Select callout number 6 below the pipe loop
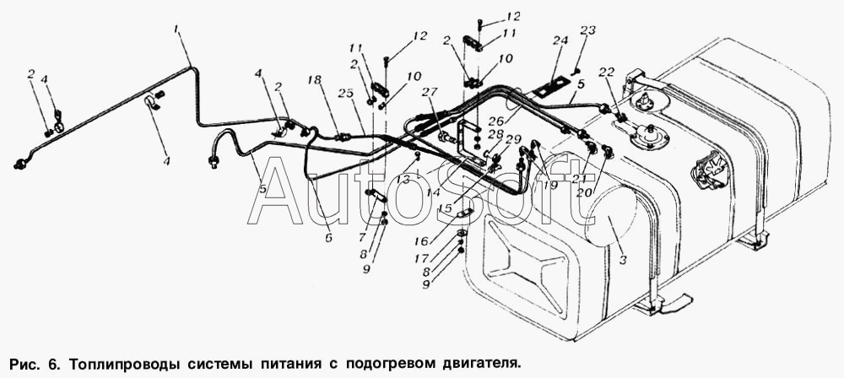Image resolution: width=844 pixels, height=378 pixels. pyautogui.click(x=329, y=237)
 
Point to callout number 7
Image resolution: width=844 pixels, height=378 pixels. pyautogui.click(x=362, y=238)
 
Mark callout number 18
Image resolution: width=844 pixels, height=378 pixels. pyautogui.click(x=315, y=80)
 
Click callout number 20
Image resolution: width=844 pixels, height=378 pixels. pyautogui.click(x=584, y=192)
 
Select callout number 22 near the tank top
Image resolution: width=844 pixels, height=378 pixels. pyautogui.click(x=607, y=73)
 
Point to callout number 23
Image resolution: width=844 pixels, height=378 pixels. pyautogui.click(x=588, y=30)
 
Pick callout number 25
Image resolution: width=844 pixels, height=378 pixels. pyautogui.click(x=345, y=93)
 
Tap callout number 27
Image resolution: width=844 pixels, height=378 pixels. pyautogui.click(x=430, y=92)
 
